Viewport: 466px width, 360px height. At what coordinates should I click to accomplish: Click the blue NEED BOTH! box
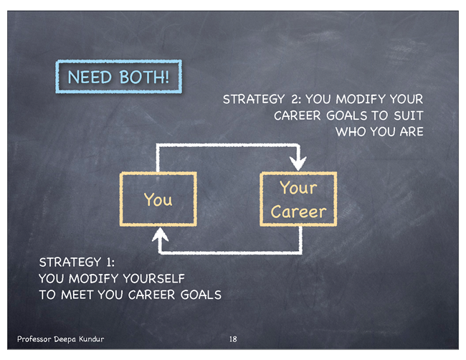click(118, 61)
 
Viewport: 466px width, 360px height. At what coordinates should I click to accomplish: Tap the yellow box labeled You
click(158, 173)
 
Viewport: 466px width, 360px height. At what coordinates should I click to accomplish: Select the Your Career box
click(298, 173)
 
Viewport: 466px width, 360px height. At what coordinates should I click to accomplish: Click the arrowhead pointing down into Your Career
click(298, 163)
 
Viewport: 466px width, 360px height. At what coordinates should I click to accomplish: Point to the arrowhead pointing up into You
click(160, 235)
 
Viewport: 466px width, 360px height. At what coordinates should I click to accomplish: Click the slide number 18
click(233, 339)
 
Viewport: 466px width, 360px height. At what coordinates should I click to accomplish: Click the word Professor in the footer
click(34, 339)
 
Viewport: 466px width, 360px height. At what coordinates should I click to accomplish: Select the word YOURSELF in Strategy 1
click(153, 278)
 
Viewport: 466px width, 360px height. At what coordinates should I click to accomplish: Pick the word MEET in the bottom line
click(77, 295)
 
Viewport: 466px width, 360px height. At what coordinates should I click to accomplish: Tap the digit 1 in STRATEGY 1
click(109, 262)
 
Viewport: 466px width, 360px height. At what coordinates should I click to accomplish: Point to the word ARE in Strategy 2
click(412, 132)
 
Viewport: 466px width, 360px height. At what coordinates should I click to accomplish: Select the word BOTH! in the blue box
click(144, 77)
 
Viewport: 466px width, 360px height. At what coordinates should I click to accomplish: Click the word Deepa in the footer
click(65, 339)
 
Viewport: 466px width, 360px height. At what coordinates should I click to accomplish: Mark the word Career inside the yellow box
click(298, 212)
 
